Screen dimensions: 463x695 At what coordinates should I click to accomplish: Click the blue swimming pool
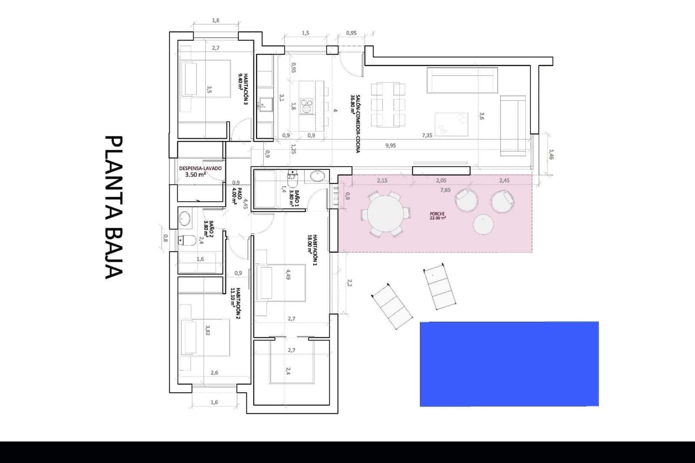pyautogui.click(x=509, y=364)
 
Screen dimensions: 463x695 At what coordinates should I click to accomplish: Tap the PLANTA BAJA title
pyautogui.click(x=114, y=207)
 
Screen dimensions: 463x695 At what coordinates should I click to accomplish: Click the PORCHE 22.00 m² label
pyautogui.click(x=437, y=216)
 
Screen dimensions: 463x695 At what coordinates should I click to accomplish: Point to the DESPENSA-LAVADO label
pyautogui.click(x=200, y=171)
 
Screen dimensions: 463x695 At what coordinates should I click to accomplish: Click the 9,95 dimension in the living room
pyautogui.click(x=390, y=146)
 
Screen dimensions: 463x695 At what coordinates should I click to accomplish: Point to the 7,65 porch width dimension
pyautogui.click(x=445, y=190)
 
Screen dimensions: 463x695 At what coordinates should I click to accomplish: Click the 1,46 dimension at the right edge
pyautogui.click(x=551, y=155)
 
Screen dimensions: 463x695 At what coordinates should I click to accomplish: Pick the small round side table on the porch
pyautogui.click(x=483, y=225)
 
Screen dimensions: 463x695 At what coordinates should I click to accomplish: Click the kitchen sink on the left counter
pyautogui.click(x=265, y=104)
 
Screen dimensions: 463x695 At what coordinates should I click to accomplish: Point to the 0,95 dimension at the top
pyautogui.click(x=351, y=33)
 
